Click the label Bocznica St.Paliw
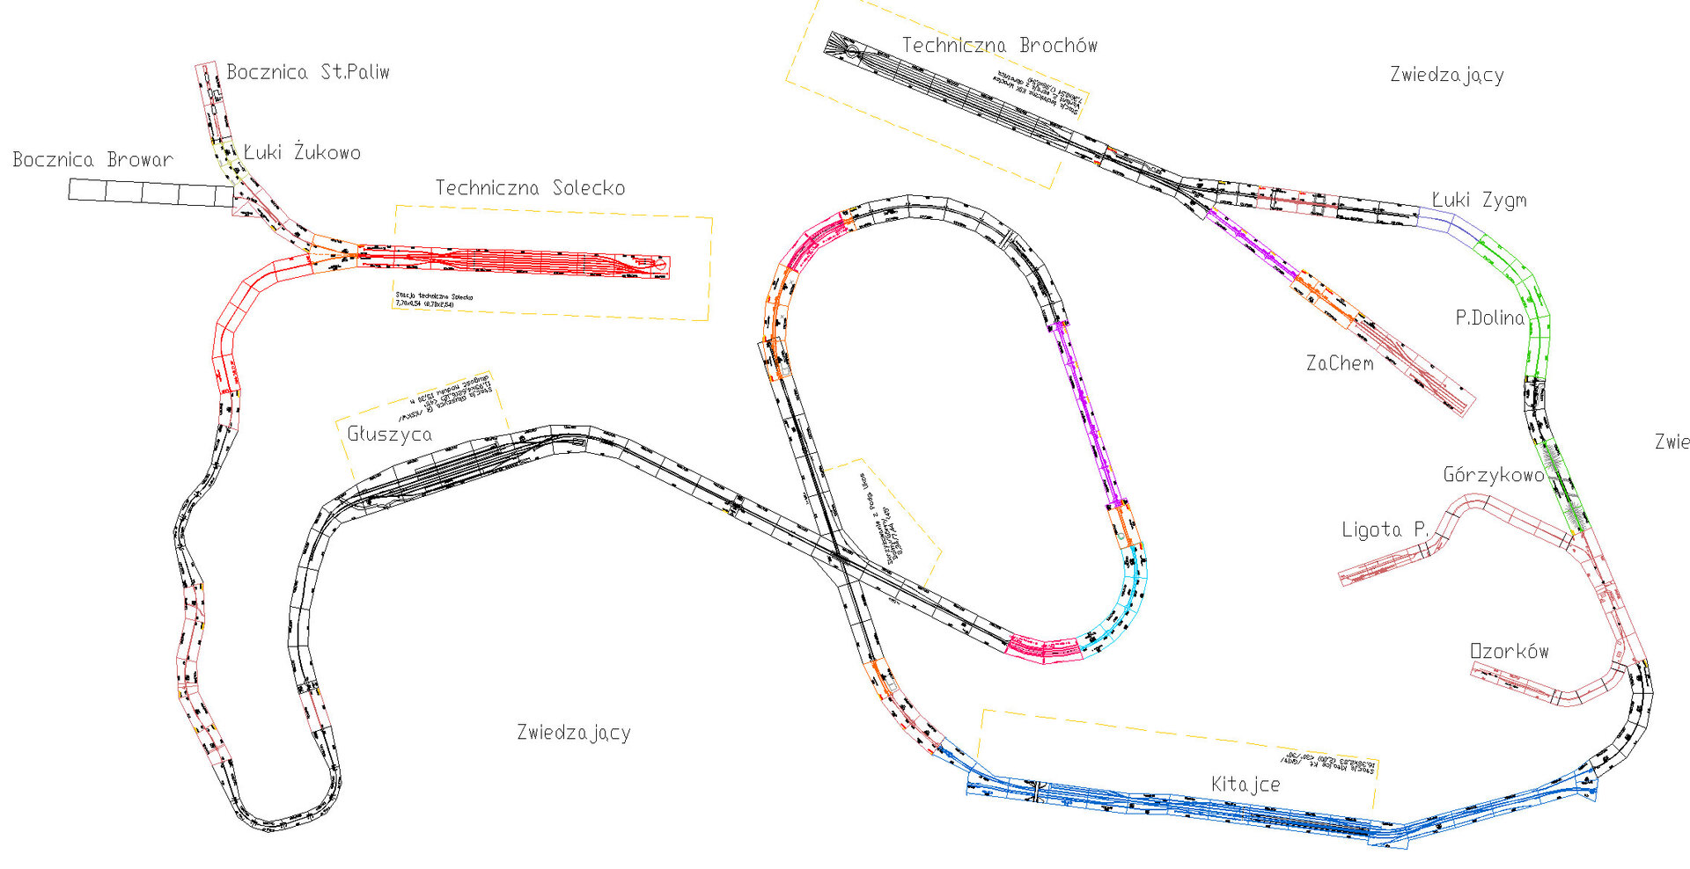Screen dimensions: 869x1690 tap(307, 72)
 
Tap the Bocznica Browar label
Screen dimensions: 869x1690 tap(92, 160)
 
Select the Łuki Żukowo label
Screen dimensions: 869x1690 tap(302, 152)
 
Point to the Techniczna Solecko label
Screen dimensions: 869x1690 tap(530, 188)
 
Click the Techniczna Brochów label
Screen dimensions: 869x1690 tap(999, 46)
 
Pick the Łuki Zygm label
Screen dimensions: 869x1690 tap(1479, 201)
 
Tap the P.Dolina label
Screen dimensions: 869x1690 tap(1489, 318)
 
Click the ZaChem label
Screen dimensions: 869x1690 tap(1339, 363)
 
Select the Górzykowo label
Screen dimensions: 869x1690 tap(1493, 476)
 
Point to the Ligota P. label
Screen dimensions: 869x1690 tap(1385, 529)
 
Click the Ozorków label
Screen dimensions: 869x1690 tap(1509, 652)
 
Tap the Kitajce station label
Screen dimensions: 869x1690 tap(1245, 785)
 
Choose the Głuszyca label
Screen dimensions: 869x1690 tap(389, 434)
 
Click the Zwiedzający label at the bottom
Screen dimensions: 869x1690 tap(573, 733)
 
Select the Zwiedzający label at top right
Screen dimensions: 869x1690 tap(1446, 76)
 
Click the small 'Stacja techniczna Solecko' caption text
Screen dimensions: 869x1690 tap(434, 300)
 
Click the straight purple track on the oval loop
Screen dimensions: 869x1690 tap(1088, 413)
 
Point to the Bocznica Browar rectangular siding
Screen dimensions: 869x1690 tap(150, 193)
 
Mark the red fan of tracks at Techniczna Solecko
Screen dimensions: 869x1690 tap(528, 261)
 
